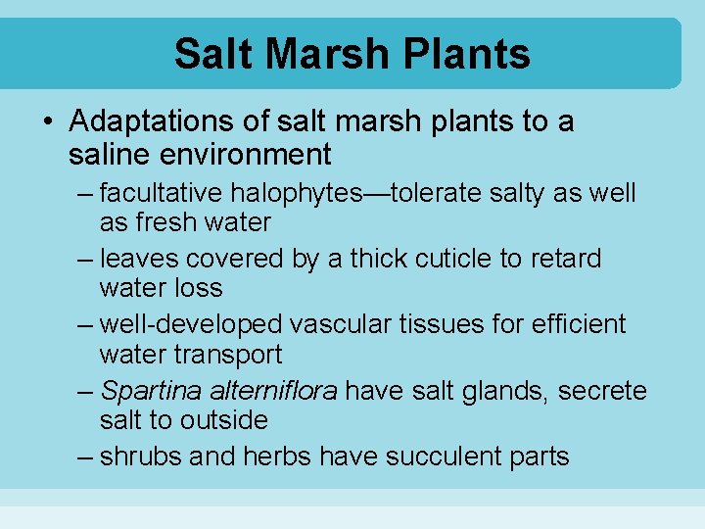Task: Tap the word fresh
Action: tap(169, 222)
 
